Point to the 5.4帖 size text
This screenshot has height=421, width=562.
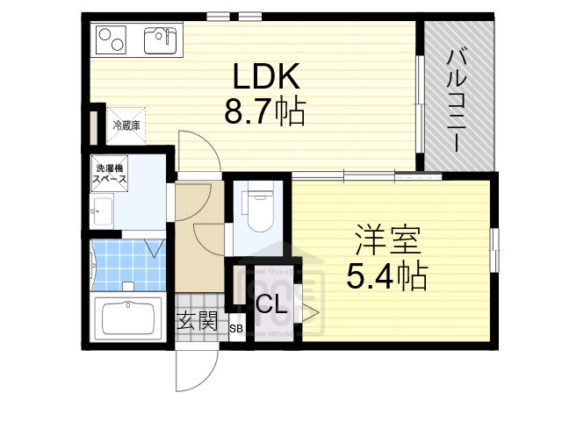(387, 276)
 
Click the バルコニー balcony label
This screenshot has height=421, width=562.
(458, 99)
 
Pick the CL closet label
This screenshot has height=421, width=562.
(270, 305)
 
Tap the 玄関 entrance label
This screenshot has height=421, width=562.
(197, 321)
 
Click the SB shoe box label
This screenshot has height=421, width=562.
(235, 329)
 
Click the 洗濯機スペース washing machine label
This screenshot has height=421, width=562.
(111, 174)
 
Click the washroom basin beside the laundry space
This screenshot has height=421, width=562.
(100, 211)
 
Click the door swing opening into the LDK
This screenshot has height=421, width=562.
(195, 151)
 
